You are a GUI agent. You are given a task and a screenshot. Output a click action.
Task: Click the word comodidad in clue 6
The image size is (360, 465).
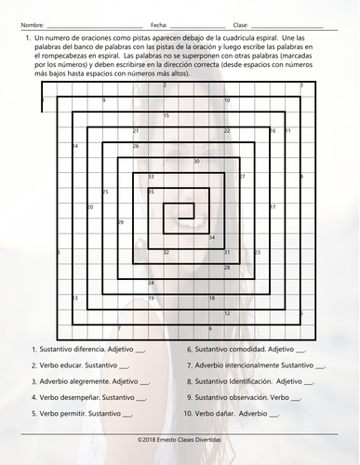coord(245,350)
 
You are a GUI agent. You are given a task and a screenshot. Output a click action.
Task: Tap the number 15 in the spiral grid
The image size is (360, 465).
coord(166,115)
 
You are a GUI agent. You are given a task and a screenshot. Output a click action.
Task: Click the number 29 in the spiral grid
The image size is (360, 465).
coord(121,222)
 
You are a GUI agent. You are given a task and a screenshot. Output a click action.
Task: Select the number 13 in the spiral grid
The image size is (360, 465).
coord(74,298)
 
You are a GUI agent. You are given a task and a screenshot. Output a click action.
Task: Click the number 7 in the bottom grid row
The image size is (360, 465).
coord(119,328)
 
